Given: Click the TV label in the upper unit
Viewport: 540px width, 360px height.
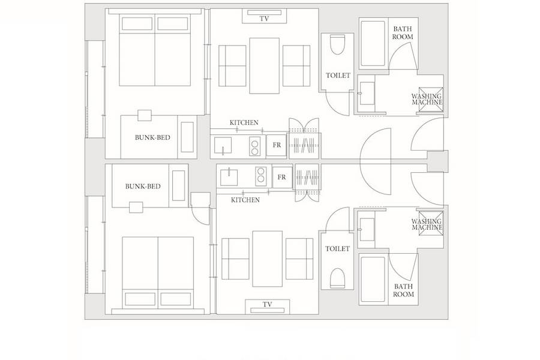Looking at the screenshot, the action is point(264,19).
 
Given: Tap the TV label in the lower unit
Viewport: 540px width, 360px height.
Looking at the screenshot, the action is point(267,305).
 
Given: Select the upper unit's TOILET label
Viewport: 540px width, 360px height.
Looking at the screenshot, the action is point(338,76).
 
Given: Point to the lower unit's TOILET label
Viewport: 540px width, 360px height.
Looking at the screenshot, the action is point(337,249).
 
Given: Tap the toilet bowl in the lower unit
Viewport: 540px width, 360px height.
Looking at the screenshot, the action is point(337,278).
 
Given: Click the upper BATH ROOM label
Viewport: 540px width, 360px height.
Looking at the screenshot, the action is point(403,33).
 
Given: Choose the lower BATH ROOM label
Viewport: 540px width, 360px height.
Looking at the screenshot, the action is point(404,290).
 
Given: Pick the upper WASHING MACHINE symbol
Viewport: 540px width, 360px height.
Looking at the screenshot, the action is point(431,100).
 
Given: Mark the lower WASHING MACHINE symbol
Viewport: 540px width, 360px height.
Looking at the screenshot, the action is point(431,224).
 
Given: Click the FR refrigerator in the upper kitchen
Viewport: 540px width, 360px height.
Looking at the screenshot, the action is point(277,145).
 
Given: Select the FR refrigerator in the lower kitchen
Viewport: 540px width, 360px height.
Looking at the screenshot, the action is point(282,177).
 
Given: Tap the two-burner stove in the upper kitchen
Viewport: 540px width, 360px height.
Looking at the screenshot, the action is point(254,146).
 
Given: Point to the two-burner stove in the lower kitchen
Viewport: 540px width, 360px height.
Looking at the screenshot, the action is point(261,175).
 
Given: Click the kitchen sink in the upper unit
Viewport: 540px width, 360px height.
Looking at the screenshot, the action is point(223,145).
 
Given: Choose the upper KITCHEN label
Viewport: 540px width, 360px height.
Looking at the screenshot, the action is point(244,122).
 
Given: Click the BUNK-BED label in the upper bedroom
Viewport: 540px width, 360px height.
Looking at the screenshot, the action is point(152,137).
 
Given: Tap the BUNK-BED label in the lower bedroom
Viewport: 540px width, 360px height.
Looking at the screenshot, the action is point(143,187).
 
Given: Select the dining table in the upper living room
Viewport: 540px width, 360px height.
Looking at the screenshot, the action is point(264,65).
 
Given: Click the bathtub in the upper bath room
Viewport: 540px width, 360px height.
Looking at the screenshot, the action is point(373,43).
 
